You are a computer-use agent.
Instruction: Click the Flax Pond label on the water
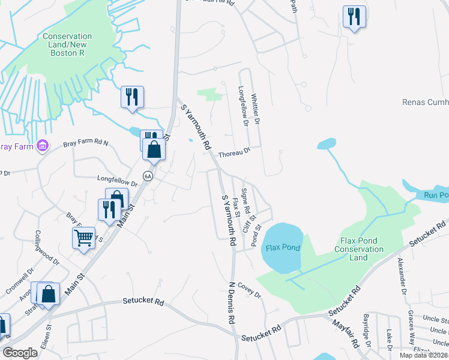tap(282, 247)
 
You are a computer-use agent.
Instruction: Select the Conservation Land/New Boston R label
tap(67, 45)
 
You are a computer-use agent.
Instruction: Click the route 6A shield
tap(148, 176)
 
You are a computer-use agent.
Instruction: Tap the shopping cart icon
tap(83, 238)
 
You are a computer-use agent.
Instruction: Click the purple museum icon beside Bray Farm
tap(42, 145)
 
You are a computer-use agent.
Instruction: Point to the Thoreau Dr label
tap(234, 153)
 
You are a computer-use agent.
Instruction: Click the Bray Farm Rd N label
tap(86, 144)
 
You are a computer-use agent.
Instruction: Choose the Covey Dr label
tap(250, 291)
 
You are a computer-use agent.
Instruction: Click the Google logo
tap(20, 353)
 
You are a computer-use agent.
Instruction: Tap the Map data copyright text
tap(423, 355)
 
